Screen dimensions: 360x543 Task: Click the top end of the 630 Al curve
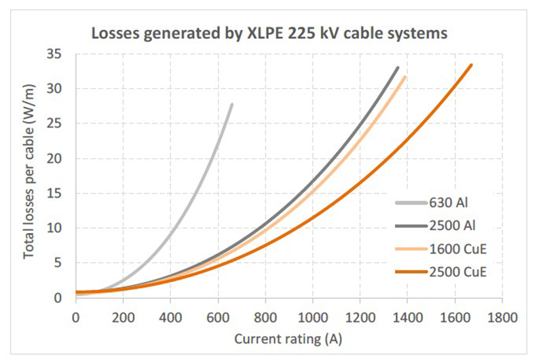point(231,104)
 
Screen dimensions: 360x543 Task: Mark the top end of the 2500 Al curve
point(398,67)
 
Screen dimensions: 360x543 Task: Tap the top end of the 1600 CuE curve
point(405,77)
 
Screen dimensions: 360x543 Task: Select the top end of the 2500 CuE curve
point(471,65)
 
